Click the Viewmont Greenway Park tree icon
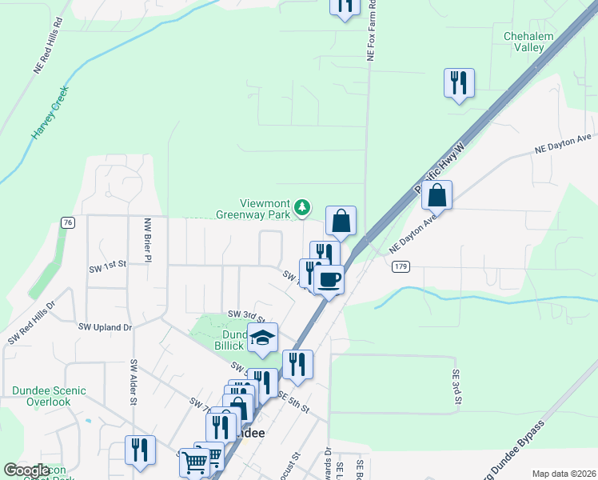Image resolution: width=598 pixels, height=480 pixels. [302, 208]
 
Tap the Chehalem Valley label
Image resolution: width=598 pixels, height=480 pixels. [524, 42]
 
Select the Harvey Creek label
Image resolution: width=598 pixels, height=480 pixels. [50, 113]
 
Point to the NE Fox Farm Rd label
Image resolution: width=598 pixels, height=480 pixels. [371, 32]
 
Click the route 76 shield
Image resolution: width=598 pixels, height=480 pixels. [68, 222]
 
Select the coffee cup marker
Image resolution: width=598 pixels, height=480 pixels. [329, 279]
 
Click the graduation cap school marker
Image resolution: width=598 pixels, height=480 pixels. [261, 338]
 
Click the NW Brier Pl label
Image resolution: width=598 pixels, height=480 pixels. [147, 240]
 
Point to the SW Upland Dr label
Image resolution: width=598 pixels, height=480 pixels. [105, 327]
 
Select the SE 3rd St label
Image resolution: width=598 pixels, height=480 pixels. [456, 386]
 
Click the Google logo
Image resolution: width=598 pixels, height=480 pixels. [26, 470]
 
